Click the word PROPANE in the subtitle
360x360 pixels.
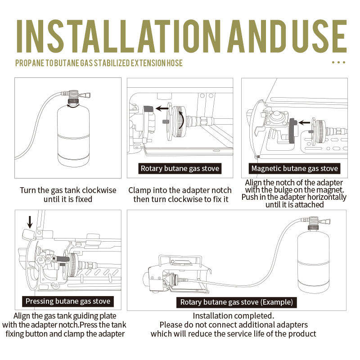30,63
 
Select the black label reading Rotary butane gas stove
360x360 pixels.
180,169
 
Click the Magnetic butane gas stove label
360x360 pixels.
295,169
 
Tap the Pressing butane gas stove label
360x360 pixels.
68,301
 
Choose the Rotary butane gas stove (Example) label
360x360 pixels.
237,302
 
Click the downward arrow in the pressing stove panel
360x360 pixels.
30,222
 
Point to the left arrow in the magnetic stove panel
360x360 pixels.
305,121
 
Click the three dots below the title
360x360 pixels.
338,63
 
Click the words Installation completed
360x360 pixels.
233,316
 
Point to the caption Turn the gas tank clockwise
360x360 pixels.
68,190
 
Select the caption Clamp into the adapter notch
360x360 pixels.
180,190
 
